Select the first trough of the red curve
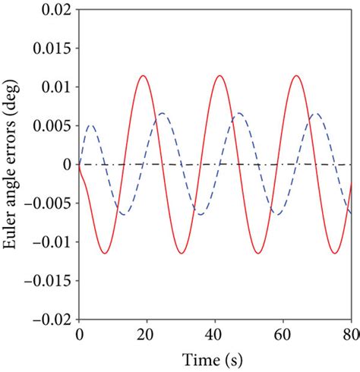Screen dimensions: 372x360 click(x=105, y=253)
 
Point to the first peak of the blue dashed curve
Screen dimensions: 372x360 click(x=90, y=125)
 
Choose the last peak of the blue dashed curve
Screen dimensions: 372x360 click(x=317, y=113)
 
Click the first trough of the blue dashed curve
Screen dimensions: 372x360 click(x=123, y=214)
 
